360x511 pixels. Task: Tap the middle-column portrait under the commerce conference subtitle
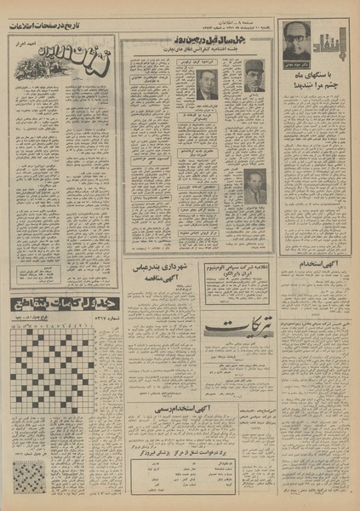point(206,83)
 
